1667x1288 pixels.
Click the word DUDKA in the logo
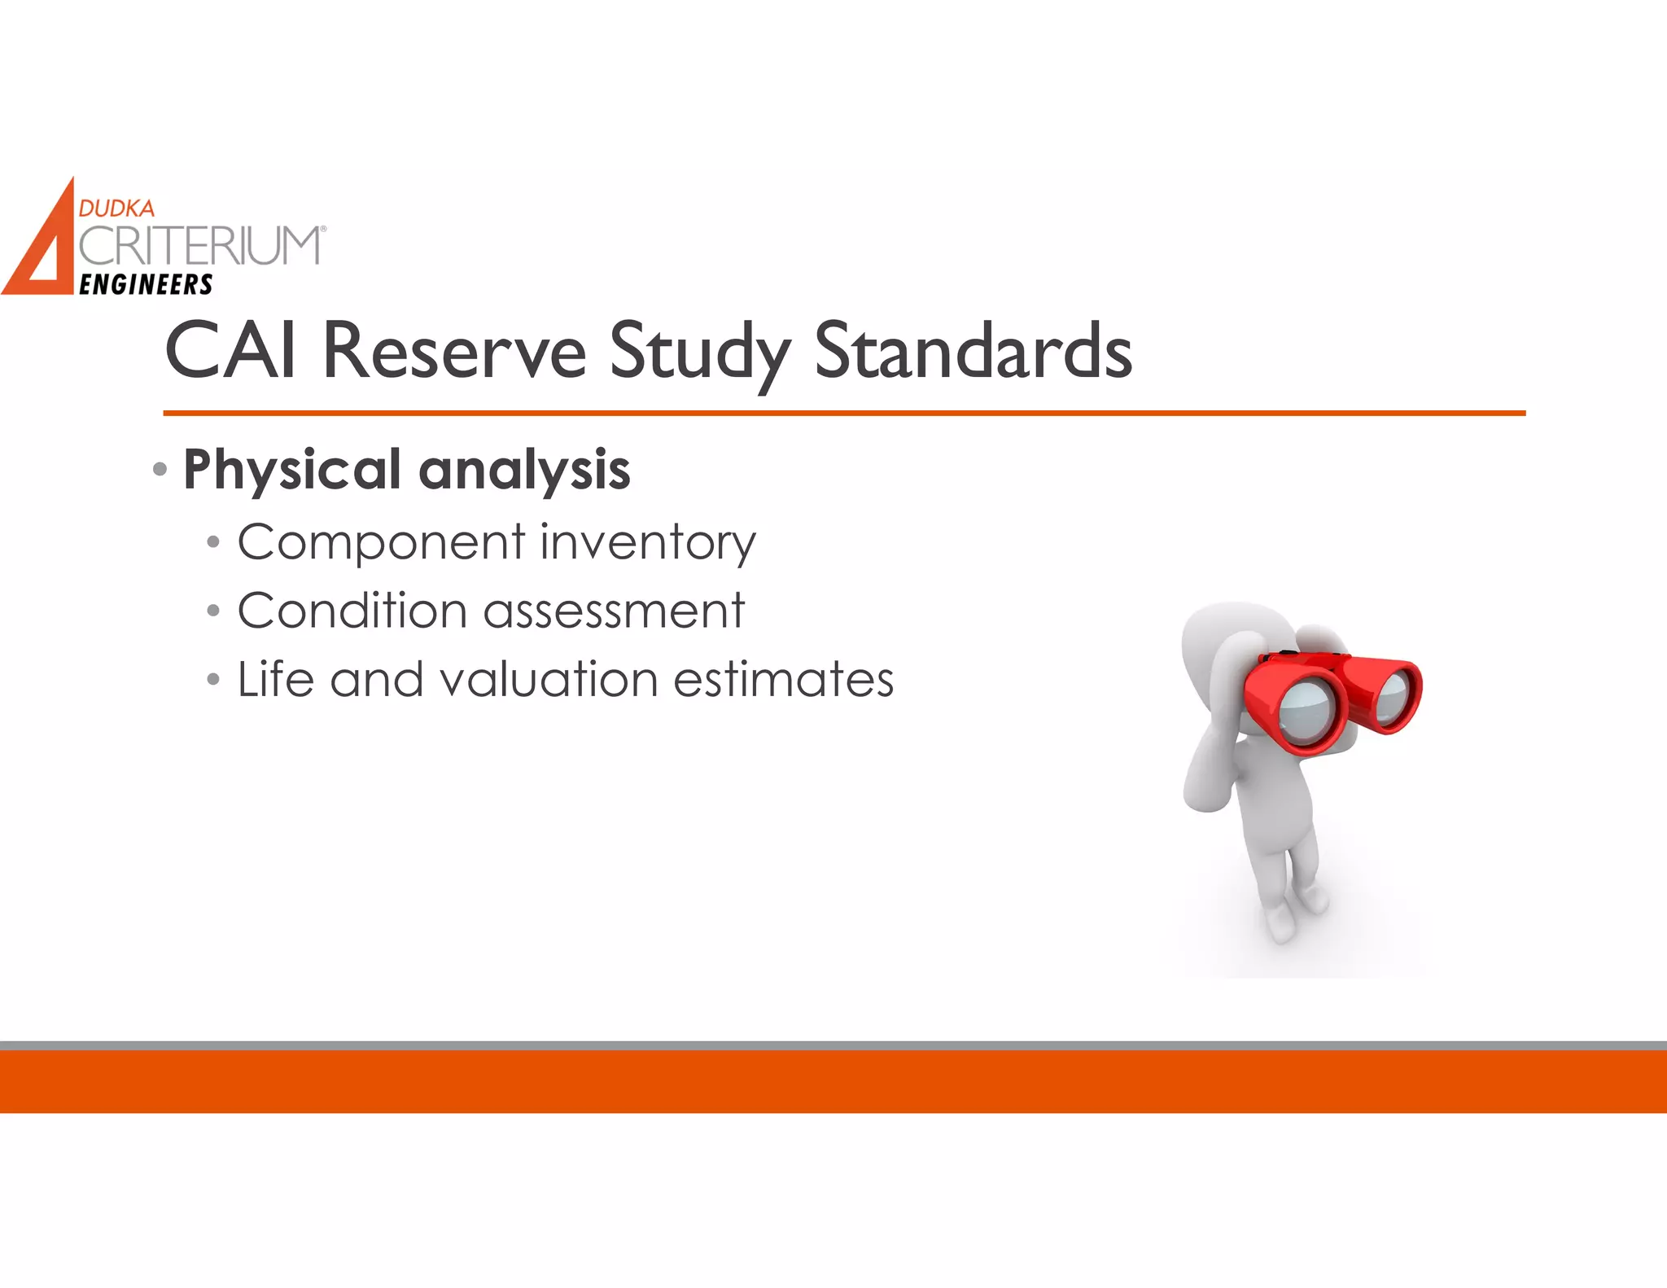tap(116, 208)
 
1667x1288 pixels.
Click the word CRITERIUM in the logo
tap(200, 246)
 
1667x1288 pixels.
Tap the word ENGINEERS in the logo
tap(146, 284)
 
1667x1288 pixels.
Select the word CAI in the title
tap(230, 351)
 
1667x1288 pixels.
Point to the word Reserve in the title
tap(453, 351)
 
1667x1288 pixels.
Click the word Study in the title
tap(699, 351)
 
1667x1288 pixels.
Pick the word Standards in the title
tap(973, 351)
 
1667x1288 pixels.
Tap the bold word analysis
tap(524, 470)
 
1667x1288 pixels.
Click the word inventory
tap(648, 542)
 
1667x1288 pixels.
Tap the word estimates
tap(783, 679)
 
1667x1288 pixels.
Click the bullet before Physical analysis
tap(160, 469)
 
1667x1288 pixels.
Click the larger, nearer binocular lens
tap(1305, 708)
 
